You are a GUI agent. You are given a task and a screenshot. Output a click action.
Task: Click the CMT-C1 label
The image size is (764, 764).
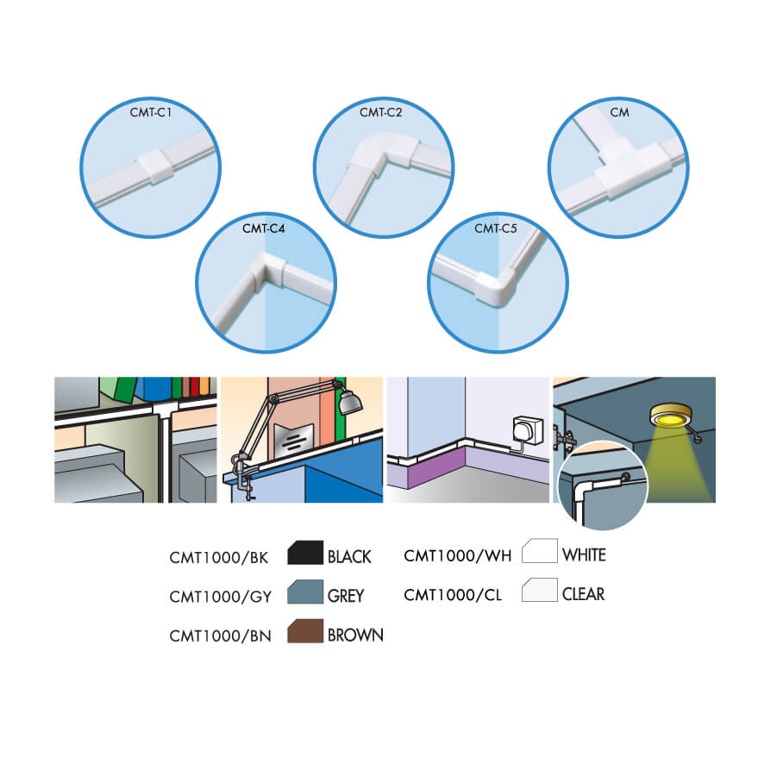point(151,113)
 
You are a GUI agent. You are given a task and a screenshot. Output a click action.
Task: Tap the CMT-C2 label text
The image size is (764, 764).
point(380,113)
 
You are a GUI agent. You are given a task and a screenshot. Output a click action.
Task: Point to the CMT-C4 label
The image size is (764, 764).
point(264,229)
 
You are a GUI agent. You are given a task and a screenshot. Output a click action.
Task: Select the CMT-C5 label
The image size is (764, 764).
point(496,229)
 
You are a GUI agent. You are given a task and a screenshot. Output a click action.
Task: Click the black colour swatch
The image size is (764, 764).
point(305,553)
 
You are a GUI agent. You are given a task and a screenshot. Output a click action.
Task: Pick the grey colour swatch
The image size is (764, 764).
point(305,592)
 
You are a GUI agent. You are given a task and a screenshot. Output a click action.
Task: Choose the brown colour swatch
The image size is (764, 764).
point(305,631)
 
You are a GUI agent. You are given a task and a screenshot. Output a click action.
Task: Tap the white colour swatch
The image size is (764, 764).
point(540,551)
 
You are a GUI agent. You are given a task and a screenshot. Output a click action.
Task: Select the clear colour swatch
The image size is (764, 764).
point(540,590)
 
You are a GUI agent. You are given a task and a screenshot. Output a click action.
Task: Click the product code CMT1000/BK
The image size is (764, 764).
point(219,557)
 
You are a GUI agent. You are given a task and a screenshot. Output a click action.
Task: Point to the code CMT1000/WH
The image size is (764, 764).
point(458,555)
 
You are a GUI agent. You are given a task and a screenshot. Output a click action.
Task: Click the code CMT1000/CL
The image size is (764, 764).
point(453,595)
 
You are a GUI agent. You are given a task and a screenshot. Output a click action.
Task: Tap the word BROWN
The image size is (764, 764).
point(355,636)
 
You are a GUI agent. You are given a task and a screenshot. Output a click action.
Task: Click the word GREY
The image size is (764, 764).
point(346,596)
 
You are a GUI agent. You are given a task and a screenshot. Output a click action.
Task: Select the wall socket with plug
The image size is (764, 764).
point(529,430)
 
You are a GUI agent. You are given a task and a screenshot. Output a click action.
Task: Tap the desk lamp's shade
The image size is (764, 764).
point(350,402)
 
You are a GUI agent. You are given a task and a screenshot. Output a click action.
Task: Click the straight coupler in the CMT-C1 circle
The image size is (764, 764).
point(155,166)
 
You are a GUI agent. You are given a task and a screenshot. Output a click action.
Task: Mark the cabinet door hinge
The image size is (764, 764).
point(564,439)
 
